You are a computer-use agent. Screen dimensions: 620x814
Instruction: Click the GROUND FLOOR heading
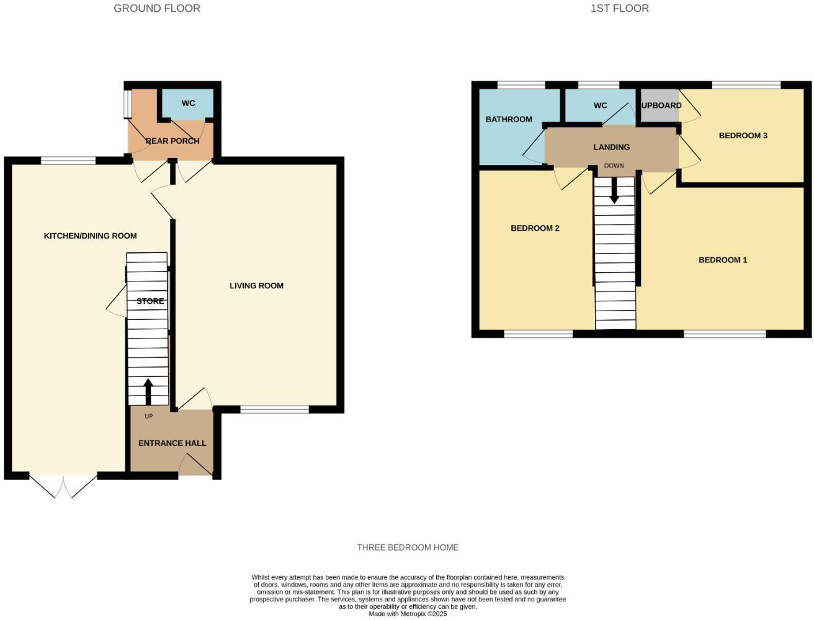tap(157, 9)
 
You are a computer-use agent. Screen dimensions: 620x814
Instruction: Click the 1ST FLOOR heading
tap(620, 9)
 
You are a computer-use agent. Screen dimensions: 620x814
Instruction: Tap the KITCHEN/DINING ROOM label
tap(90, 236)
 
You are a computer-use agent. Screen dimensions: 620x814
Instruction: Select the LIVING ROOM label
tap(256, 286)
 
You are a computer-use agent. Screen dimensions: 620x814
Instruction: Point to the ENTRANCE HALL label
tap(172, 443)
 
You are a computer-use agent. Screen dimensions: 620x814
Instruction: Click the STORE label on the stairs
tap(150, 301)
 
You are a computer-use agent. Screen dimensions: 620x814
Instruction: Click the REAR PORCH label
tap(172, 141)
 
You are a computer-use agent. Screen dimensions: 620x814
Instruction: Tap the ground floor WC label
tap(188, 103)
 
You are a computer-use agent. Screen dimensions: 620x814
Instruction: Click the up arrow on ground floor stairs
tap(148, 391)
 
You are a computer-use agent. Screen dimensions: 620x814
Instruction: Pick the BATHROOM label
tap(509, 119)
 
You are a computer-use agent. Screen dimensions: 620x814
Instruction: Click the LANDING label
tap(612, 147)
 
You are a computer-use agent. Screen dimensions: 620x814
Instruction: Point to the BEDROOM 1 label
tap(723, 260)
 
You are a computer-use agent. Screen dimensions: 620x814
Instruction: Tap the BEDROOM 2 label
tap(535, 228)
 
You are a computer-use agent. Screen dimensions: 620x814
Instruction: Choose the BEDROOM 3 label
tap(743, 135)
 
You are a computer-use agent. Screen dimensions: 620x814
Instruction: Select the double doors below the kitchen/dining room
tap(63, 485)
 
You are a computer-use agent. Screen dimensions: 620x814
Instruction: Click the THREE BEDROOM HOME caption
tap(408, 547)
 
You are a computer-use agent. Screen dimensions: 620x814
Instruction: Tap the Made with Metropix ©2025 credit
tap(408, 614)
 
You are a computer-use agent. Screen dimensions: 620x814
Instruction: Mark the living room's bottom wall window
tap(274, 410)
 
